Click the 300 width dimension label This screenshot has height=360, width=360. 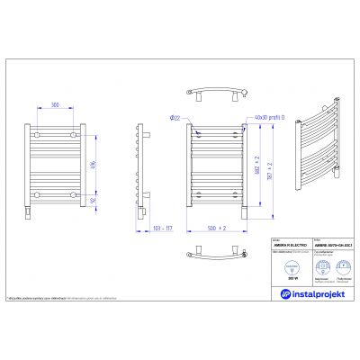coord(56,105)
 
